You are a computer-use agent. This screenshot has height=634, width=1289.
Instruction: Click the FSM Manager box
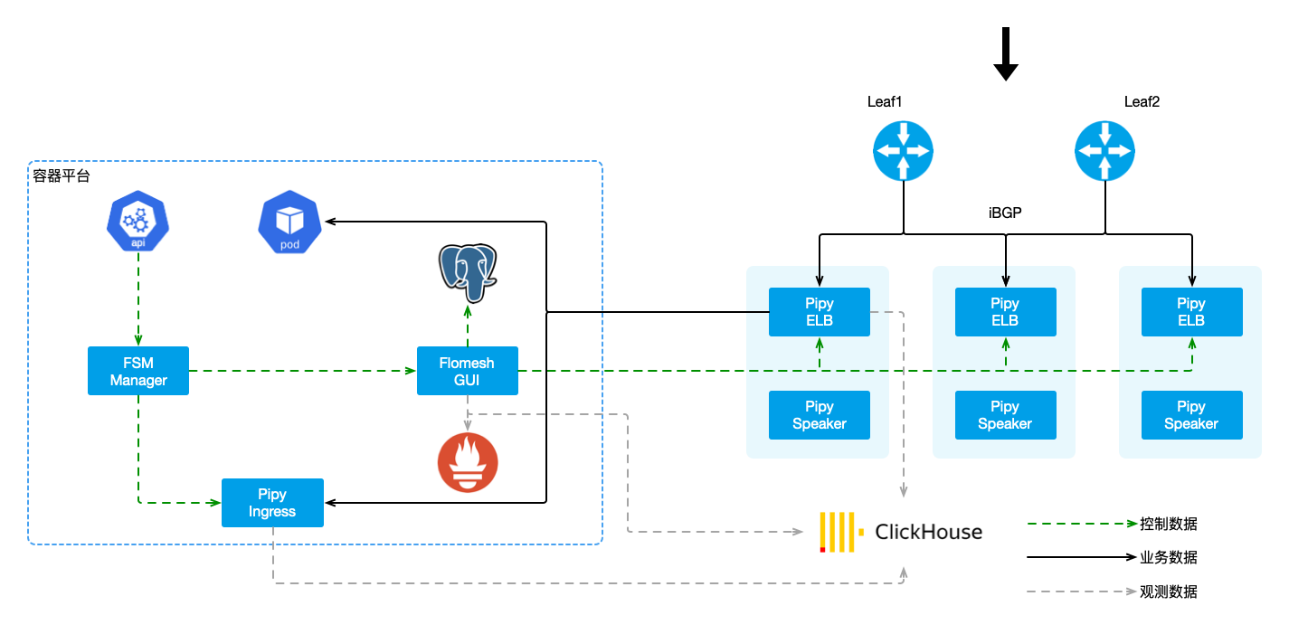coord(138,371)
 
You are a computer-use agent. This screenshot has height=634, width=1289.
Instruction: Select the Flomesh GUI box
coord(467,371)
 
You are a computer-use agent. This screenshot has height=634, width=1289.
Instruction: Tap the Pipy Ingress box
coord(272,503)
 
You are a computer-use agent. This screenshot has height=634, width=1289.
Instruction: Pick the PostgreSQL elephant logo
coord(467,271)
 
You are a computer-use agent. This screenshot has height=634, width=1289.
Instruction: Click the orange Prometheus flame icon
coord(467,462)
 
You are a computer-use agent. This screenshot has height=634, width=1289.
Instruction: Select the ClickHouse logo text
coord(927,532)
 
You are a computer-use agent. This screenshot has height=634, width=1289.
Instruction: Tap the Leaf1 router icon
coord(903,151)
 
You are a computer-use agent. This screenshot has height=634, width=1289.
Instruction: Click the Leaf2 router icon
coord(1104,151)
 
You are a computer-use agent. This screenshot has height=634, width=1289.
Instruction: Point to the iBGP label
coord(1005,213)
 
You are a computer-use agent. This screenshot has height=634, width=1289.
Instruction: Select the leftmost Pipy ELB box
coord(819,312)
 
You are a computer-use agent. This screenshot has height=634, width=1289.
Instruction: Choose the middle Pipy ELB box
coord(1005,312)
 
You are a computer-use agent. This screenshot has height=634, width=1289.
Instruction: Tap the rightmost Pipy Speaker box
coord(1191,415)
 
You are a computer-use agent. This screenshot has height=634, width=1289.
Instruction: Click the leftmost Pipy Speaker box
coord(819,415)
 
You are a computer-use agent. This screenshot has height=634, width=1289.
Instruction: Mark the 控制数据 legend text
coord(1168,524)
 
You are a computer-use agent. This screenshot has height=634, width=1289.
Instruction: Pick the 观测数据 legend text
coord(1168,592)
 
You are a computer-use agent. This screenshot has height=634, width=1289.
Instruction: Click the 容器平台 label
coord(62,176)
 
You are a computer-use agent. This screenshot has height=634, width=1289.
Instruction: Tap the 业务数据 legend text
coord(1168,558)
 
